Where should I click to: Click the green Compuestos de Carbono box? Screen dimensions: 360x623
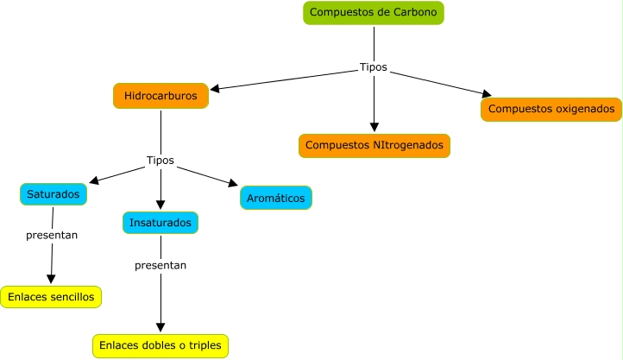(374, 13)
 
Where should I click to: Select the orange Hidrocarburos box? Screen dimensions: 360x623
(160, 95)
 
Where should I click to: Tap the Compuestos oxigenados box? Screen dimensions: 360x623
(551, 110)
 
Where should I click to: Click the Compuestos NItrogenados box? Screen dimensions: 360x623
(374, 145)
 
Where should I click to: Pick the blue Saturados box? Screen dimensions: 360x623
(53, 194)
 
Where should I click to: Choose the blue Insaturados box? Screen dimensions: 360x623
(160, 223)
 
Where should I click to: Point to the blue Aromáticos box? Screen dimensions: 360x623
(275, 198)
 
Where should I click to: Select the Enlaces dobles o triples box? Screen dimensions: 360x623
(160, 346)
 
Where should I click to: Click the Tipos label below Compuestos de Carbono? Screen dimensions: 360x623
(374, 67)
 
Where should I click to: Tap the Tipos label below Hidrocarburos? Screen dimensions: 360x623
(160, 161)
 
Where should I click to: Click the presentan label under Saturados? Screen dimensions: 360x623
(52, 234)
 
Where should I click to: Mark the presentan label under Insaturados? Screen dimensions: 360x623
(160, 265)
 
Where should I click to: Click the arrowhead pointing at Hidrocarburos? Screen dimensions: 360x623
(217, 88)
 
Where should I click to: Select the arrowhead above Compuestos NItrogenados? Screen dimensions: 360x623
(374, 128)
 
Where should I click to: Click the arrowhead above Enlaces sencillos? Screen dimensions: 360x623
(51, 279)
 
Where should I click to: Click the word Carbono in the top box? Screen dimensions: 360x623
(416, 13)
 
